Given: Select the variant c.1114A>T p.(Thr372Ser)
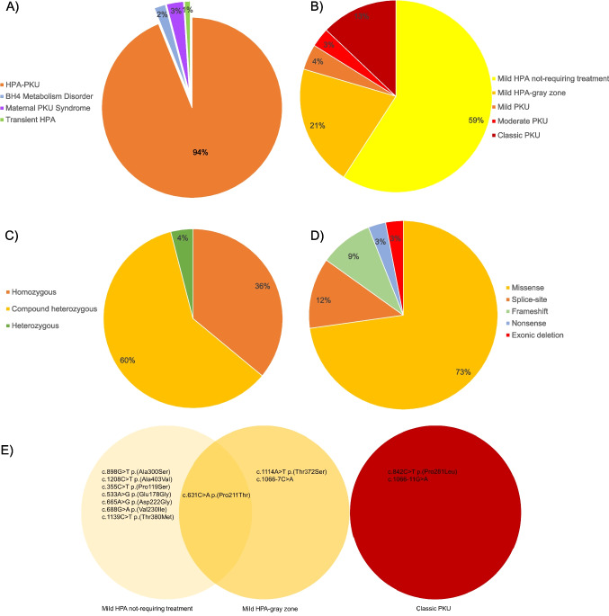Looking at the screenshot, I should pyautogui.click(x=292, y=470).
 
